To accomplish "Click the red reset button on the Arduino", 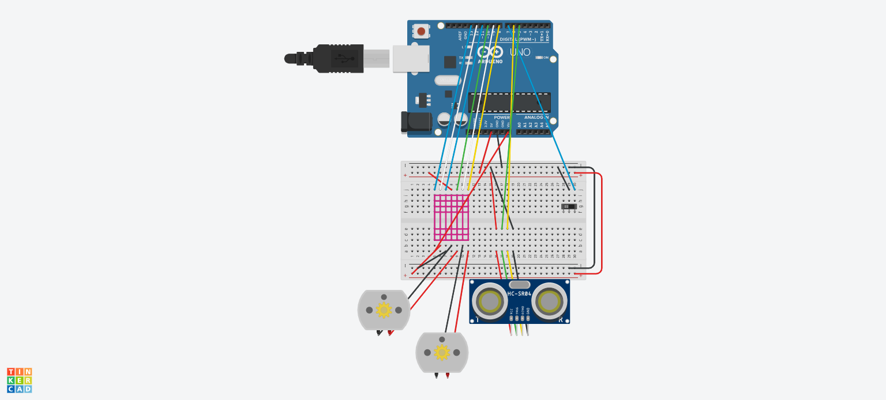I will (421, 31).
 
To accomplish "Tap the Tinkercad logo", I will (19, 380).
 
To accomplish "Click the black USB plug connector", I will (337, 58).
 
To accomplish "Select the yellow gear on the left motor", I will (384, 310).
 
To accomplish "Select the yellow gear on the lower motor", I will (442, 352).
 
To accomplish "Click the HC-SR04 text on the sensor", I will (519, 294).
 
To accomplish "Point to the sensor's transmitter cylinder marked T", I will (490, 301).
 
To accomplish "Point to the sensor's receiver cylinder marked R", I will (549, 301).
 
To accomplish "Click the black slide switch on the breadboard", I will (569, 206).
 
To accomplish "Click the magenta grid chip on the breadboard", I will (451, 217).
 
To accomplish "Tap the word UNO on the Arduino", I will (520, 52).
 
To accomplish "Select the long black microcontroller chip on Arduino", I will (509, 103).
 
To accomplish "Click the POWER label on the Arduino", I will (502, 117).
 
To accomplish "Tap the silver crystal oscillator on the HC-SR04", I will (520, 285).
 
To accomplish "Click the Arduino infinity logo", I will (490, 52).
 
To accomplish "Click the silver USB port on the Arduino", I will (411, 59).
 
